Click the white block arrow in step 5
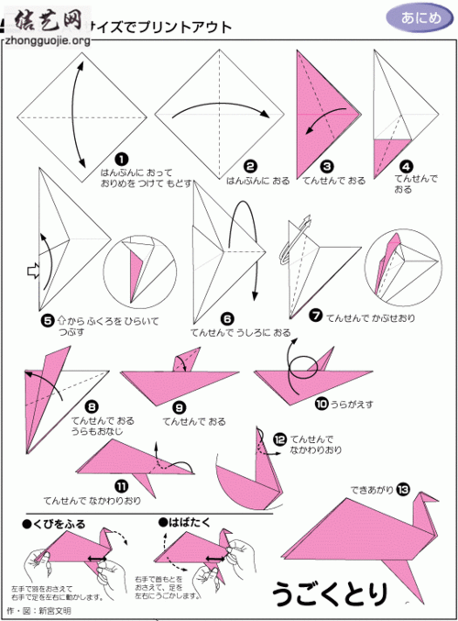(31, 271)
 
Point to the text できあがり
(371, 490)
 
